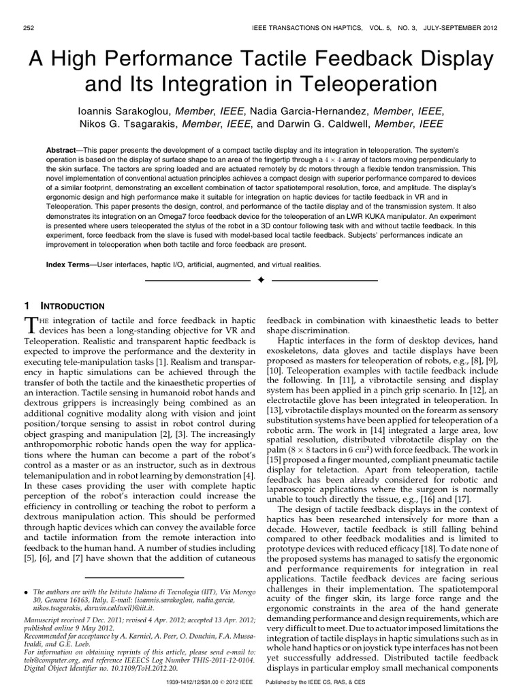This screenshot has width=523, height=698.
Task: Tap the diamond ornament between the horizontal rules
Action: pyautogui.click(x=261, y=280)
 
